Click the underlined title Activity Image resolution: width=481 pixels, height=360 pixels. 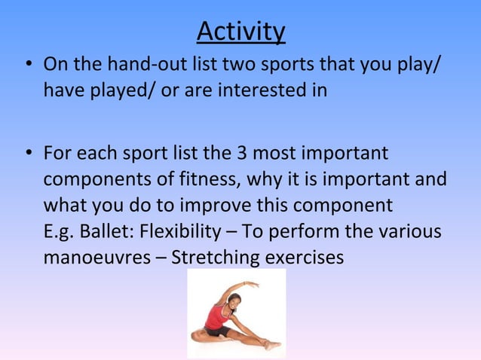(240, 32)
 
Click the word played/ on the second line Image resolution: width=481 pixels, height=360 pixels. (115, 91)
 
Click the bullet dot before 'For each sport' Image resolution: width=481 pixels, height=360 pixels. (28, 154)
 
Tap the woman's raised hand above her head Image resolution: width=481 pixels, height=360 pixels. (252, 284)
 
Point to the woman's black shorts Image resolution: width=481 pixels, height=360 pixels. (219, 331)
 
